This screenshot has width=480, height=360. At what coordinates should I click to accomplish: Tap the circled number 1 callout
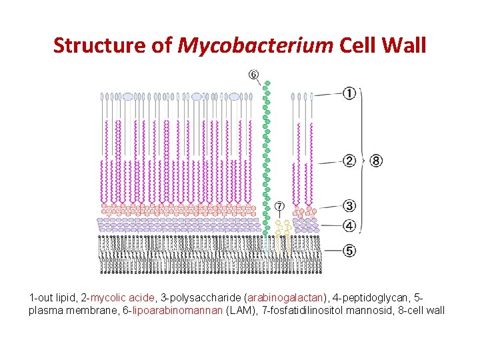click(349, 93)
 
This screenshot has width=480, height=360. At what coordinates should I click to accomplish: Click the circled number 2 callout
click(349, 161)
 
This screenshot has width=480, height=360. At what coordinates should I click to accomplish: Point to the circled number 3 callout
click(349, 206)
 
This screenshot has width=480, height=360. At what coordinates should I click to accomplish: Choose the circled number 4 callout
click(349, 226)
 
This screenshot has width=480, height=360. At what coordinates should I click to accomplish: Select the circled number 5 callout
click(349, 251)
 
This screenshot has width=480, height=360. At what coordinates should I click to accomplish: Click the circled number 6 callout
click(254, 74)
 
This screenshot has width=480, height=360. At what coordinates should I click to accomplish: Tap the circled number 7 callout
click(279, 206)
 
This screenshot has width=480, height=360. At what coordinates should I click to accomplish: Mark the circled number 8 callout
click(377, 161)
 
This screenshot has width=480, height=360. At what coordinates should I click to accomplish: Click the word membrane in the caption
click(88, 311)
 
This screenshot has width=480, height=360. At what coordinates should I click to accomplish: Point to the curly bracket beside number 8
click(363, 160)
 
